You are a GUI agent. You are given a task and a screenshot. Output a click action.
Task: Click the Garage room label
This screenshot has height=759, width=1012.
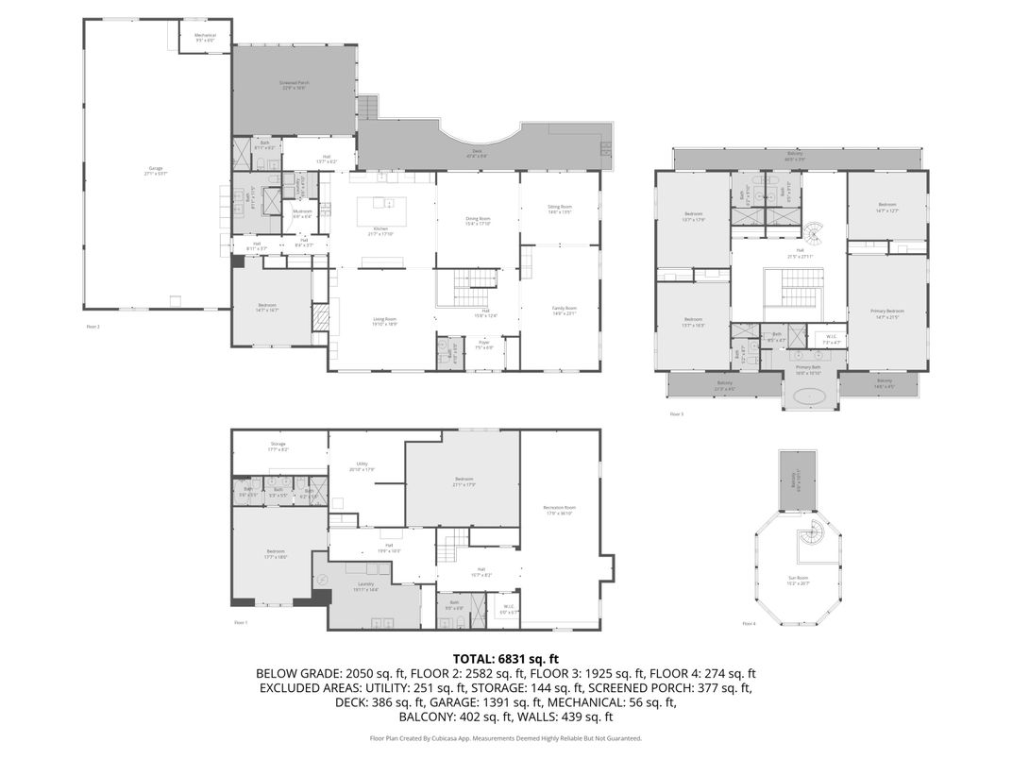click(156, 170)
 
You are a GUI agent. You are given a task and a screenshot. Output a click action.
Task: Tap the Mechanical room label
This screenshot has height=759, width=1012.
click(206, 38)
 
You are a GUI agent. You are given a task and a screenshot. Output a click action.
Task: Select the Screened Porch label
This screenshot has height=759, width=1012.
click(295, 85)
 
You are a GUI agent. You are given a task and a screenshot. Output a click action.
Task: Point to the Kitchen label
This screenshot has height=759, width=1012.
click(381, 232)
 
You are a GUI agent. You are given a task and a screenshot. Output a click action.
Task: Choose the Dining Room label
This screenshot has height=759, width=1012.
click(478, 221)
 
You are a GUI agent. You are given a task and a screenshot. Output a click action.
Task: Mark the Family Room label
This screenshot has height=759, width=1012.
click(564, 311)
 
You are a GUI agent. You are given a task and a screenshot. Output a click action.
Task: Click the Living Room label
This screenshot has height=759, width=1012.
click(384, 321)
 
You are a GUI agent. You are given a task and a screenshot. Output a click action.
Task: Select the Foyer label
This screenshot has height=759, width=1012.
click(483, 346)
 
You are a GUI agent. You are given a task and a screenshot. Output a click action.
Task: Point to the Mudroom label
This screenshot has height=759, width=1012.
click(302, 212)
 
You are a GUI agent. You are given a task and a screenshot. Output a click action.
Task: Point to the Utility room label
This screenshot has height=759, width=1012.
click(362, 466)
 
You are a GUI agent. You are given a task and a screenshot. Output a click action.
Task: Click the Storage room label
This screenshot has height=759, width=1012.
click(278, 446)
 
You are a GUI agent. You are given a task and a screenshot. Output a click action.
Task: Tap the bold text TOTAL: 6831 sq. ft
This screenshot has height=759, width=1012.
click(506, 658)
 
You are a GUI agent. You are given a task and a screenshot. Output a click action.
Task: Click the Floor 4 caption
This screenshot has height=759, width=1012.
click(749, 624)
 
